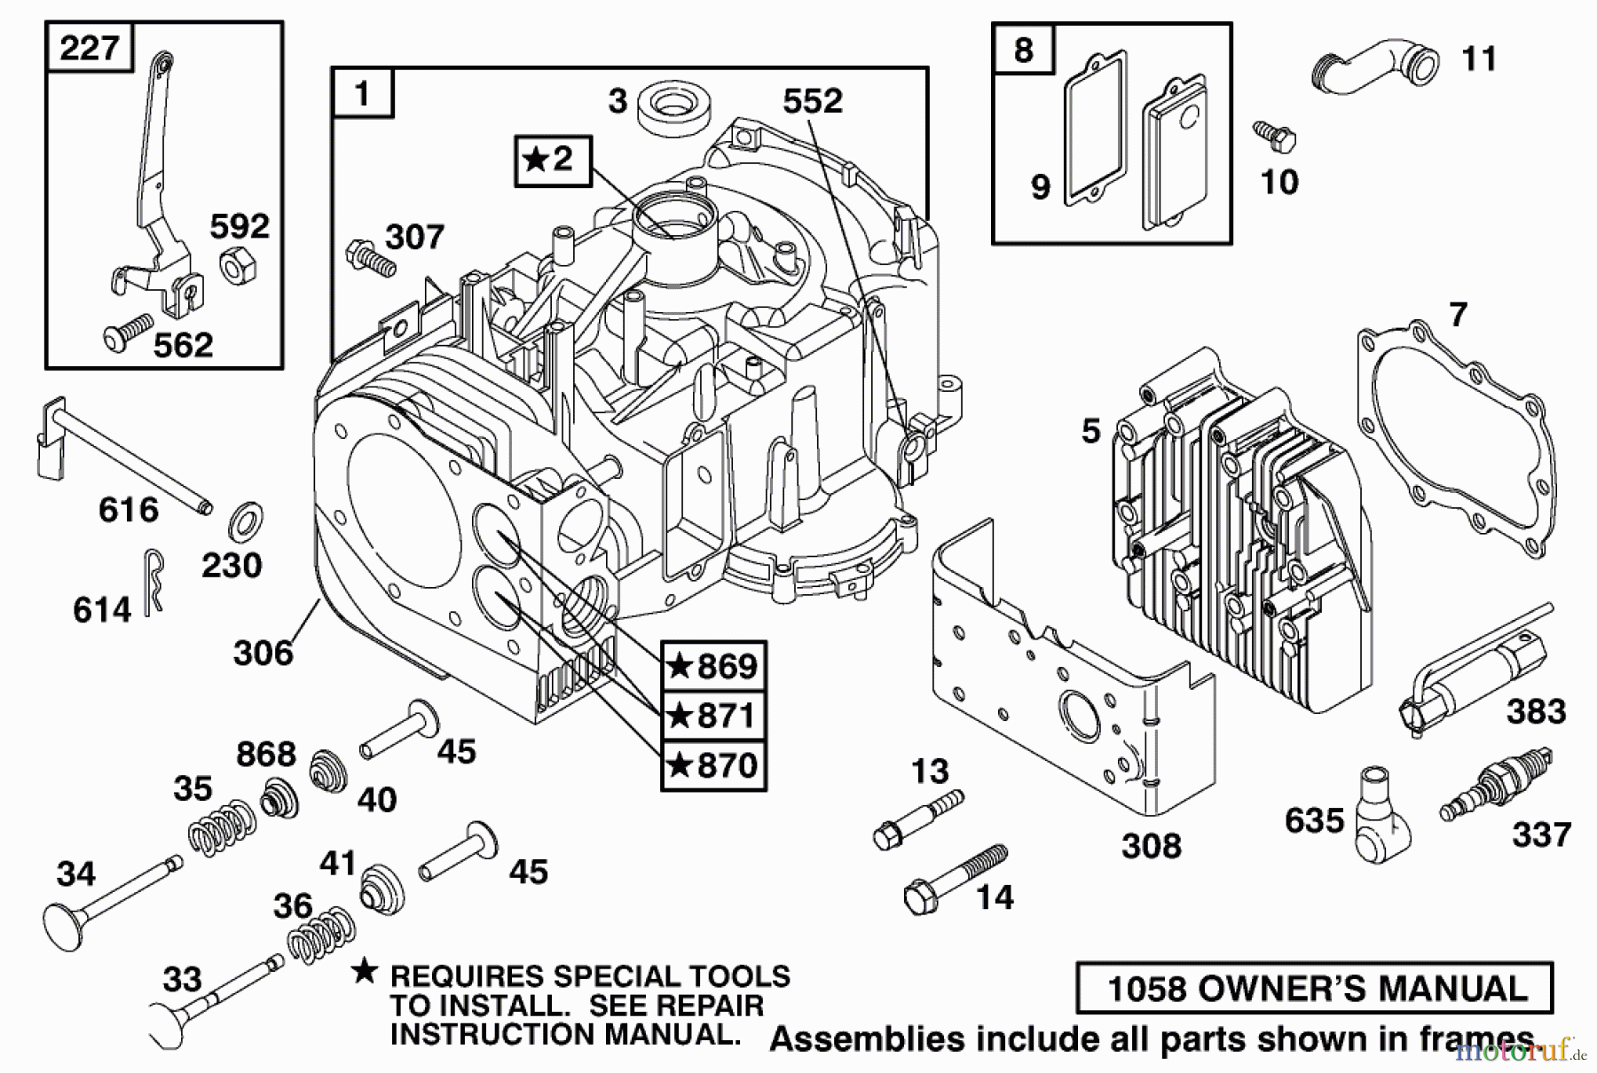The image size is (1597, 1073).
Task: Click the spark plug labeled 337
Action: click(1497, 783)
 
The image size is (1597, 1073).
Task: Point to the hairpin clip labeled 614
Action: click(153, 581)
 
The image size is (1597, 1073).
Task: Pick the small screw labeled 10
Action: click(1275, 136)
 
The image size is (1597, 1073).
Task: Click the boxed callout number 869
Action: click(713, 666)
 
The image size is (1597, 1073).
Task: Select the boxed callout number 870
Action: click(713, 764)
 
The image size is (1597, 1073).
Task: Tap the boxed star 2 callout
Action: click(552, 161)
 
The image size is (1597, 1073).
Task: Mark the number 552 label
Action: click(812, 101)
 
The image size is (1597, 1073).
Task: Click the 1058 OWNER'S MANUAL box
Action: click(1315, 988)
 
